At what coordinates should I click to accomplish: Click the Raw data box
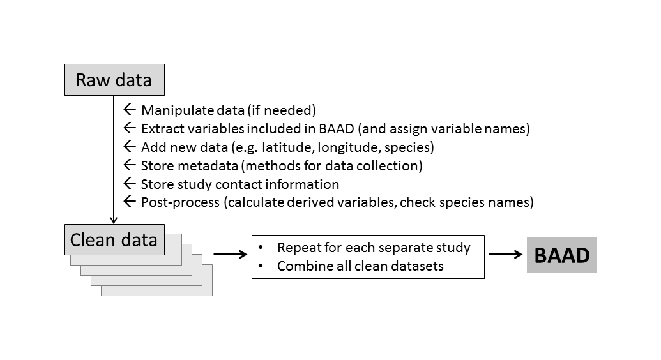[114, 80]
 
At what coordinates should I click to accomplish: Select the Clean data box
[114, 240]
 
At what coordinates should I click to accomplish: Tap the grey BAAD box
[561, 255]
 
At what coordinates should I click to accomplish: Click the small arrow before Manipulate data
[130, 110]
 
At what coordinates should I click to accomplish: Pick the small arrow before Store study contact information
[130, 184]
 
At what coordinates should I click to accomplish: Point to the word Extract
[160, 128]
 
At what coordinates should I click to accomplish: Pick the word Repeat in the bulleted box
[296, 247]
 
